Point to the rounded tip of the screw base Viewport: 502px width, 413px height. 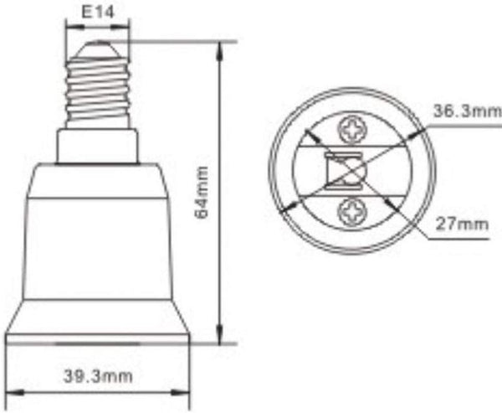coord(99,45)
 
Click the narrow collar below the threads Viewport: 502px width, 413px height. coord(98,146)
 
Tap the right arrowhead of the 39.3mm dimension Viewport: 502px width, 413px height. coord(186,390)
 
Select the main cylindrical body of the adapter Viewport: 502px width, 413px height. coord(98,243)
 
